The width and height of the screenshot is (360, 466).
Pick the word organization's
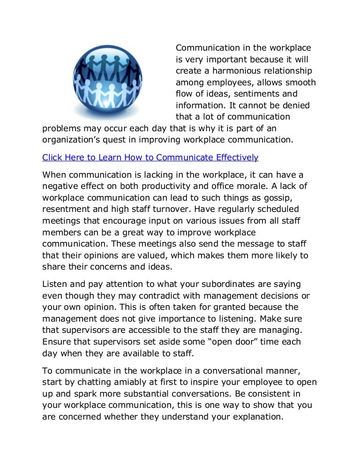click(x=69, y=139)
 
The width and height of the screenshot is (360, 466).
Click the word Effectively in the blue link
click(x=231, y=157)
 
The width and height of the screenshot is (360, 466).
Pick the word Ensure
click(x=56, y=341)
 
